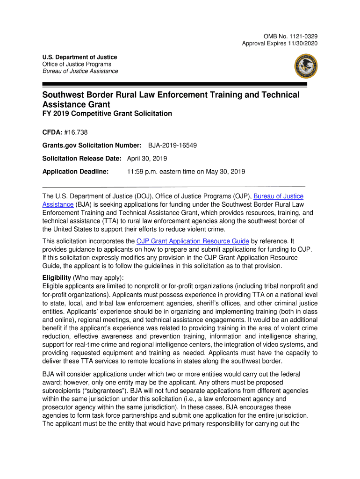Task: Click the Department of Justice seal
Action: pyautogui.click(x=306, y=66)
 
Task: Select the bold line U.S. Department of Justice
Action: pyautogui.click(x=79, y=57)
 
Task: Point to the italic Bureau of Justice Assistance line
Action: pyautogui.click(x=80, y=71)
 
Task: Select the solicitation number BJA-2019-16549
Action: pyautogui.click(x=173, y=145)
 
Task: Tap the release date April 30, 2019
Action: pyautogui.click(x=147, y=159)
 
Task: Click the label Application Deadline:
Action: pyautogui.click(x=76, y=172)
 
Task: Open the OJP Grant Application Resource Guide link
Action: pyautogui.click(x=193, y=241)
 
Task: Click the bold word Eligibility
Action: pyautogui.click(x=57, y=277)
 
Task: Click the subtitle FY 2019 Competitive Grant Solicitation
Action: pyautogui.click(x=107, y=114)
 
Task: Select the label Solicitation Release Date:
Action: pyautogui.click(x=82, y=159)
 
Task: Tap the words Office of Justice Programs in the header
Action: pyautogui.click(x=77, y=64)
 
